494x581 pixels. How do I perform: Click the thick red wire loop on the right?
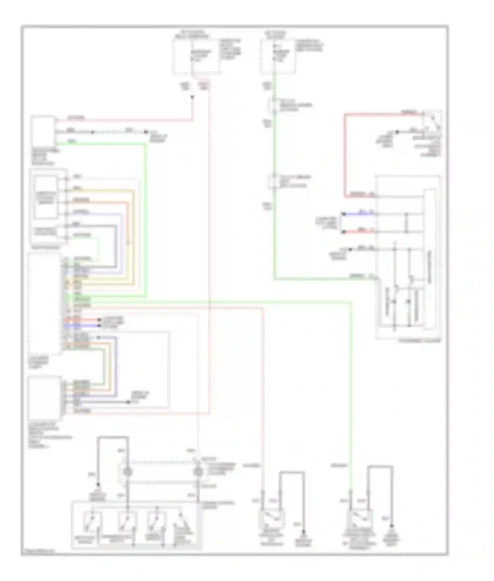click(x=345, y=155)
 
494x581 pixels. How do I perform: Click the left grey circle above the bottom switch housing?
click(x=127, y=472)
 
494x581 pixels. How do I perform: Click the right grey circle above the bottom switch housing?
click(x=198, y=472)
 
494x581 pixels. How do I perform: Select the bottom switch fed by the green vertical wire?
click(x=360, y=519)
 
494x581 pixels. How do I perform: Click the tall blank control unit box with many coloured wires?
click(x=44, y=303)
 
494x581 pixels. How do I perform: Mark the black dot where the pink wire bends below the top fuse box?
click(x=193, y=97)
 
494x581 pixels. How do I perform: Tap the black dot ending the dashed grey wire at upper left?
click(x=146, y=132)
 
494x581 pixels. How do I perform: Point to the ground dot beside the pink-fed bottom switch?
click(x=304, y=532)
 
